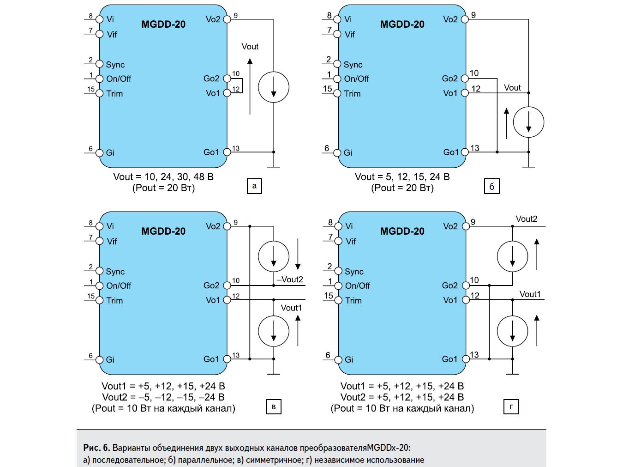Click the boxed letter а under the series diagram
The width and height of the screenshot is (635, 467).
click(254, 186)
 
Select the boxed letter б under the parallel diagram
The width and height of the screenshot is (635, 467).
click(492, 186)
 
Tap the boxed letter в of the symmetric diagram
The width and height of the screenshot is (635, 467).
click(274, 406)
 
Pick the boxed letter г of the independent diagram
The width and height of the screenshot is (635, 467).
click(511, 406)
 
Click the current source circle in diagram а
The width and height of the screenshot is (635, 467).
click(274, 87)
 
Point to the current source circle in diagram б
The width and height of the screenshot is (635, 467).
click(528, 122)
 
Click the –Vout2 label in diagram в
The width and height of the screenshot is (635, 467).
click(290, 279)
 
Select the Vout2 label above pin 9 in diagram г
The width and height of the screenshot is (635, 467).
click(527, 219)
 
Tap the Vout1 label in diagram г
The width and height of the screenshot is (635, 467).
click(530, 294)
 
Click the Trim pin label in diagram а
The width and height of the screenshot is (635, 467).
click(114, 94)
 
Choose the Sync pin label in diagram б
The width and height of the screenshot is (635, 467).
click(353, 65)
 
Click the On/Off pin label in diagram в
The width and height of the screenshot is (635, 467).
click(119, 286)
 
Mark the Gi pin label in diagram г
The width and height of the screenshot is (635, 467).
click(349, 360)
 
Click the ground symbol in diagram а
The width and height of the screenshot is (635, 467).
click(274, 167)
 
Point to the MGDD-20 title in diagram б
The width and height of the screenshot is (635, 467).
click(402, 24)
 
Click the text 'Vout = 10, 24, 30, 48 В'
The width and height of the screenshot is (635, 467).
click(163, 177)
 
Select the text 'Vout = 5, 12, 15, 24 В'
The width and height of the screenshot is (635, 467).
click(402, 177)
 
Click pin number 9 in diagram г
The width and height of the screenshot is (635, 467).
click(473, 222)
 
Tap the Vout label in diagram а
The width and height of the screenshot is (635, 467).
click(250, 47)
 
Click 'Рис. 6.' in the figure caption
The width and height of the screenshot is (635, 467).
click(96, 448)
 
